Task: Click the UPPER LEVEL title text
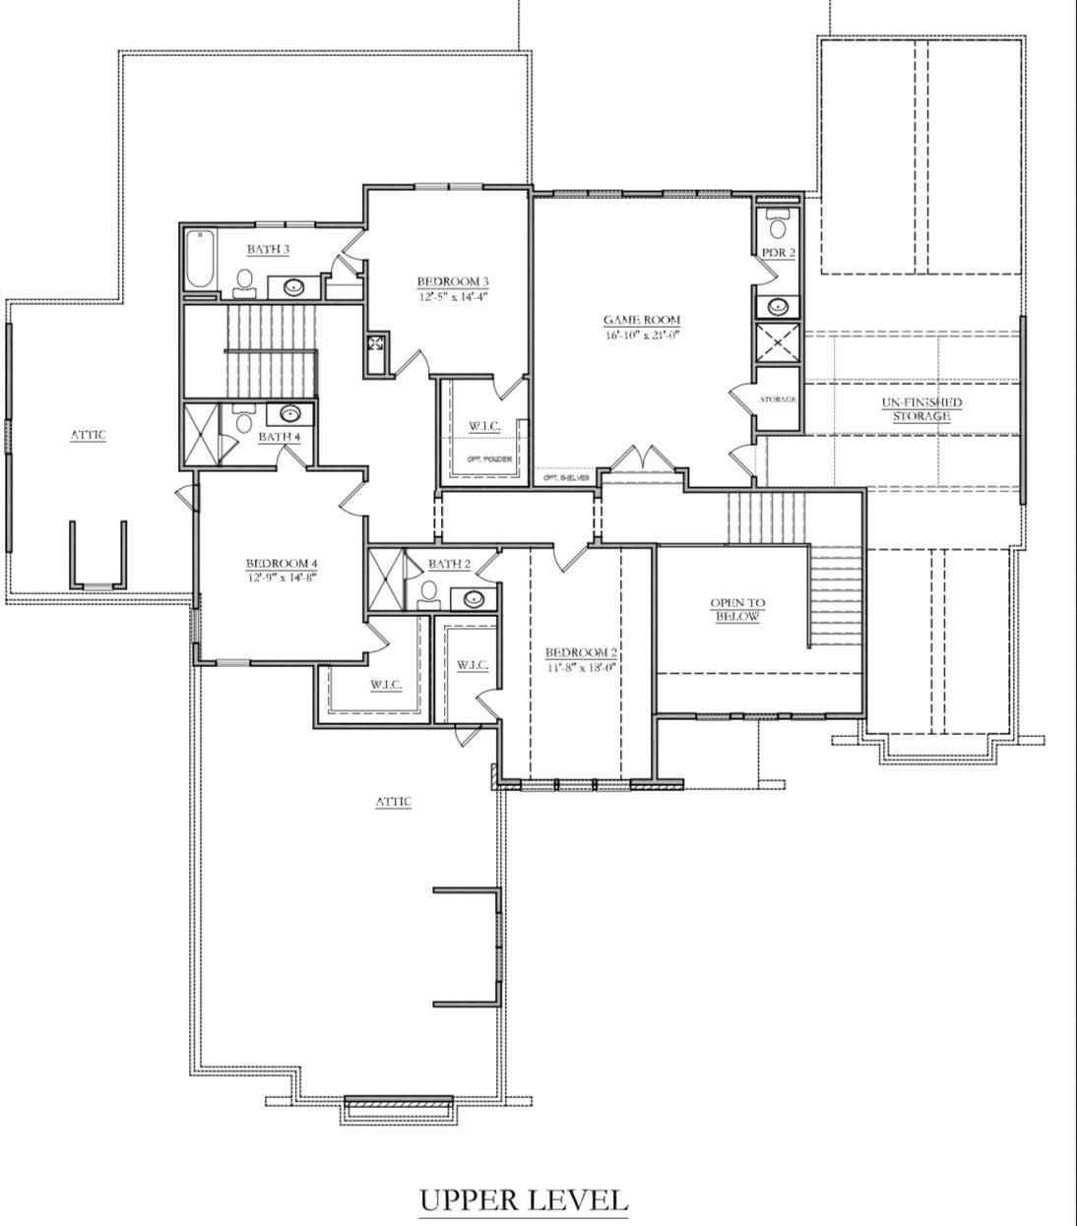tap(523, 1200)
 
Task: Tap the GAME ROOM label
tap(642, 320)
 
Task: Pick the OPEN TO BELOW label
tap(737, 609)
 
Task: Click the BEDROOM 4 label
tap(282, 564)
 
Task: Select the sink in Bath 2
tap(474, 598)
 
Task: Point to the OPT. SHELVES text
tap(566, 478)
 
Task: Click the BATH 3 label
tap(268, 250)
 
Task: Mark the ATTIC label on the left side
tap(88, 435)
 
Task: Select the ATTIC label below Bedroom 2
tap(393, 802)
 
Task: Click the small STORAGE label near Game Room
tap(778, 399)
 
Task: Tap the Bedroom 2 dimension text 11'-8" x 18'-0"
tap(581, 667)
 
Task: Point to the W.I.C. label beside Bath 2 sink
tap(473, 666)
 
